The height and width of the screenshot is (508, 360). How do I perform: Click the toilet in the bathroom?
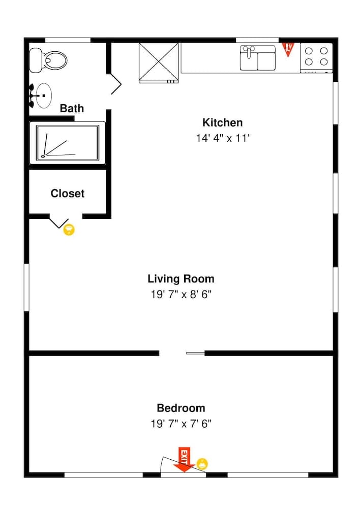[x=48, y=60]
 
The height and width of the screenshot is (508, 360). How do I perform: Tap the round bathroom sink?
[x=43, y=95]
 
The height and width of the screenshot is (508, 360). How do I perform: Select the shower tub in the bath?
[x=67, y=143]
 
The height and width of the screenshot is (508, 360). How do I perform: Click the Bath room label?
[x=72, y=108]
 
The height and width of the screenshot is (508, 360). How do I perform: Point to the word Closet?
[x=67, y=194]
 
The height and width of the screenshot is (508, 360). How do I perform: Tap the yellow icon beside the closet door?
[x=69, y=230]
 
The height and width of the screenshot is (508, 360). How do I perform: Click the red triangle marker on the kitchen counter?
[x=288, y=49]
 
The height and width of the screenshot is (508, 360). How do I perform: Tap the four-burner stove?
[x=316, y=57]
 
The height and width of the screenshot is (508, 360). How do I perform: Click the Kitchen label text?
[x=222, y=122]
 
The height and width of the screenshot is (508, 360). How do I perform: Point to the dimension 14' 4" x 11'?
[x=222, y=138]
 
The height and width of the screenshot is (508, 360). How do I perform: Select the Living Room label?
[x=181, y=278]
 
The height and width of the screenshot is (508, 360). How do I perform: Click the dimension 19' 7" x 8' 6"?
[x=181, y=295]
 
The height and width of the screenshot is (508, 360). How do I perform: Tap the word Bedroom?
[x=181, y=408]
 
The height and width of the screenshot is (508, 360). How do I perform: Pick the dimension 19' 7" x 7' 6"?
[x=181, y=424]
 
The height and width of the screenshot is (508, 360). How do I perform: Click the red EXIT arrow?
[x=184, y=459]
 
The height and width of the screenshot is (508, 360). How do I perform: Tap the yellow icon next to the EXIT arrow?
[x=202, y=463]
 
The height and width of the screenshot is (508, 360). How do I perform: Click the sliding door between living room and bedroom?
[x=195, y=353]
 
